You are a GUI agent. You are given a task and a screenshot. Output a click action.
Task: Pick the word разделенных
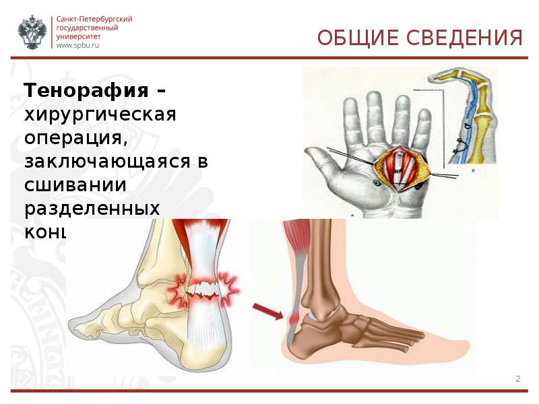coord(92,208)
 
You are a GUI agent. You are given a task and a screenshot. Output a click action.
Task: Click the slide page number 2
coord(518,379)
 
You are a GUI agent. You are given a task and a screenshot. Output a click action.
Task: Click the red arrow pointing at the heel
coord(268,311)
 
